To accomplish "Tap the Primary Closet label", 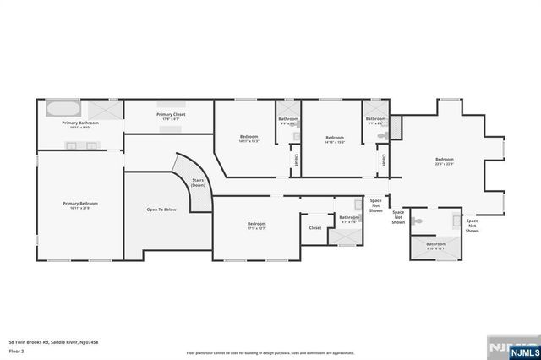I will point(170,116).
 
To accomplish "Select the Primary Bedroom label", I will point(80,205).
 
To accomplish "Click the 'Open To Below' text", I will point(161,210).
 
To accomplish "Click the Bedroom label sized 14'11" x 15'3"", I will point(249,139).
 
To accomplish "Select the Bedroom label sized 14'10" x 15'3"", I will point(335,139).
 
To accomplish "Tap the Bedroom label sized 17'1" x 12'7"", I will point(256,225).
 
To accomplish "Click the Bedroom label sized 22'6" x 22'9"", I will point(445,161).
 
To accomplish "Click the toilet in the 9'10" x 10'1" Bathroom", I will point(417,222).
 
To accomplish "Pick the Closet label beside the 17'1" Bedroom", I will point(314,227).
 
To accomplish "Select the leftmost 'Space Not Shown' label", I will point(375,208).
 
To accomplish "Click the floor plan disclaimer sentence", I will point(270,352).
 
